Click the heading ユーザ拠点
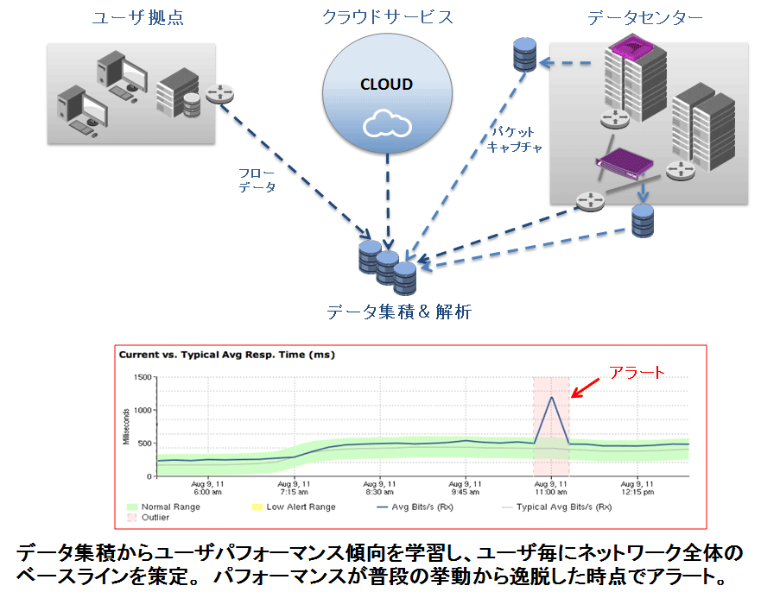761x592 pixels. point(138,18)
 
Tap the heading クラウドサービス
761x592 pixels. point(387,17)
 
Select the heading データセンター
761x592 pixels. point(645,18)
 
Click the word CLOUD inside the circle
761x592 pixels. point(386,85)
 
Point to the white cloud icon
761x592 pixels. point(387,123)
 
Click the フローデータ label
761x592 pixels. point(257,179)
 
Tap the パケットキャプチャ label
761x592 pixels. point(515,140)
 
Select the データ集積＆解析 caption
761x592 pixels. point(399,312)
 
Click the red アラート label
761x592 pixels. point(637,372)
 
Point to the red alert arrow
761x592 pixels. point(585,387)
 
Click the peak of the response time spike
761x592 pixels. point(552,397)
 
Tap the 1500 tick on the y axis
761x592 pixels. point(143,377)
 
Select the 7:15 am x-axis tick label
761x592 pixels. point(294,488)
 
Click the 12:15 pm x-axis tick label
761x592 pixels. point(637,488)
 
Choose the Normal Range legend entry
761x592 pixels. point(163,507)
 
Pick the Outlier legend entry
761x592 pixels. point(149,518)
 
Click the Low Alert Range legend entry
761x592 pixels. point(293,507)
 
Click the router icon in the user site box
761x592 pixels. point(220,93)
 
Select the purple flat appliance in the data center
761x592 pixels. point(625,164)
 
